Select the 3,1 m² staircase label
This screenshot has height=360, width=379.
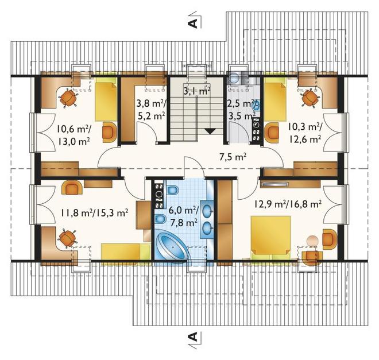[197, 92]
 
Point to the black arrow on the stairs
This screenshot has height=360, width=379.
[210, 131]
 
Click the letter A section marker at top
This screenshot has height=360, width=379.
[192, 23]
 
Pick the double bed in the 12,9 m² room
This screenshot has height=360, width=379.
[270, 238]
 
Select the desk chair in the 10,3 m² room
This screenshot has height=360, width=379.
[310, 98]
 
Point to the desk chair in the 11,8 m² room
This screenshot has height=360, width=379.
[67, 238]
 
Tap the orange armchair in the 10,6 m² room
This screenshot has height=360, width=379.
[110, 132]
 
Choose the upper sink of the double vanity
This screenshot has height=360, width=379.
[207, 211]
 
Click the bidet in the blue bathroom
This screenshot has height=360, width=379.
[160, 220]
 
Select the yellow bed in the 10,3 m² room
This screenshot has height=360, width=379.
[274, 102]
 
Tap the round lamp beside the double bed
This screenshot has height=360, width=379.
[312, 241]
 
